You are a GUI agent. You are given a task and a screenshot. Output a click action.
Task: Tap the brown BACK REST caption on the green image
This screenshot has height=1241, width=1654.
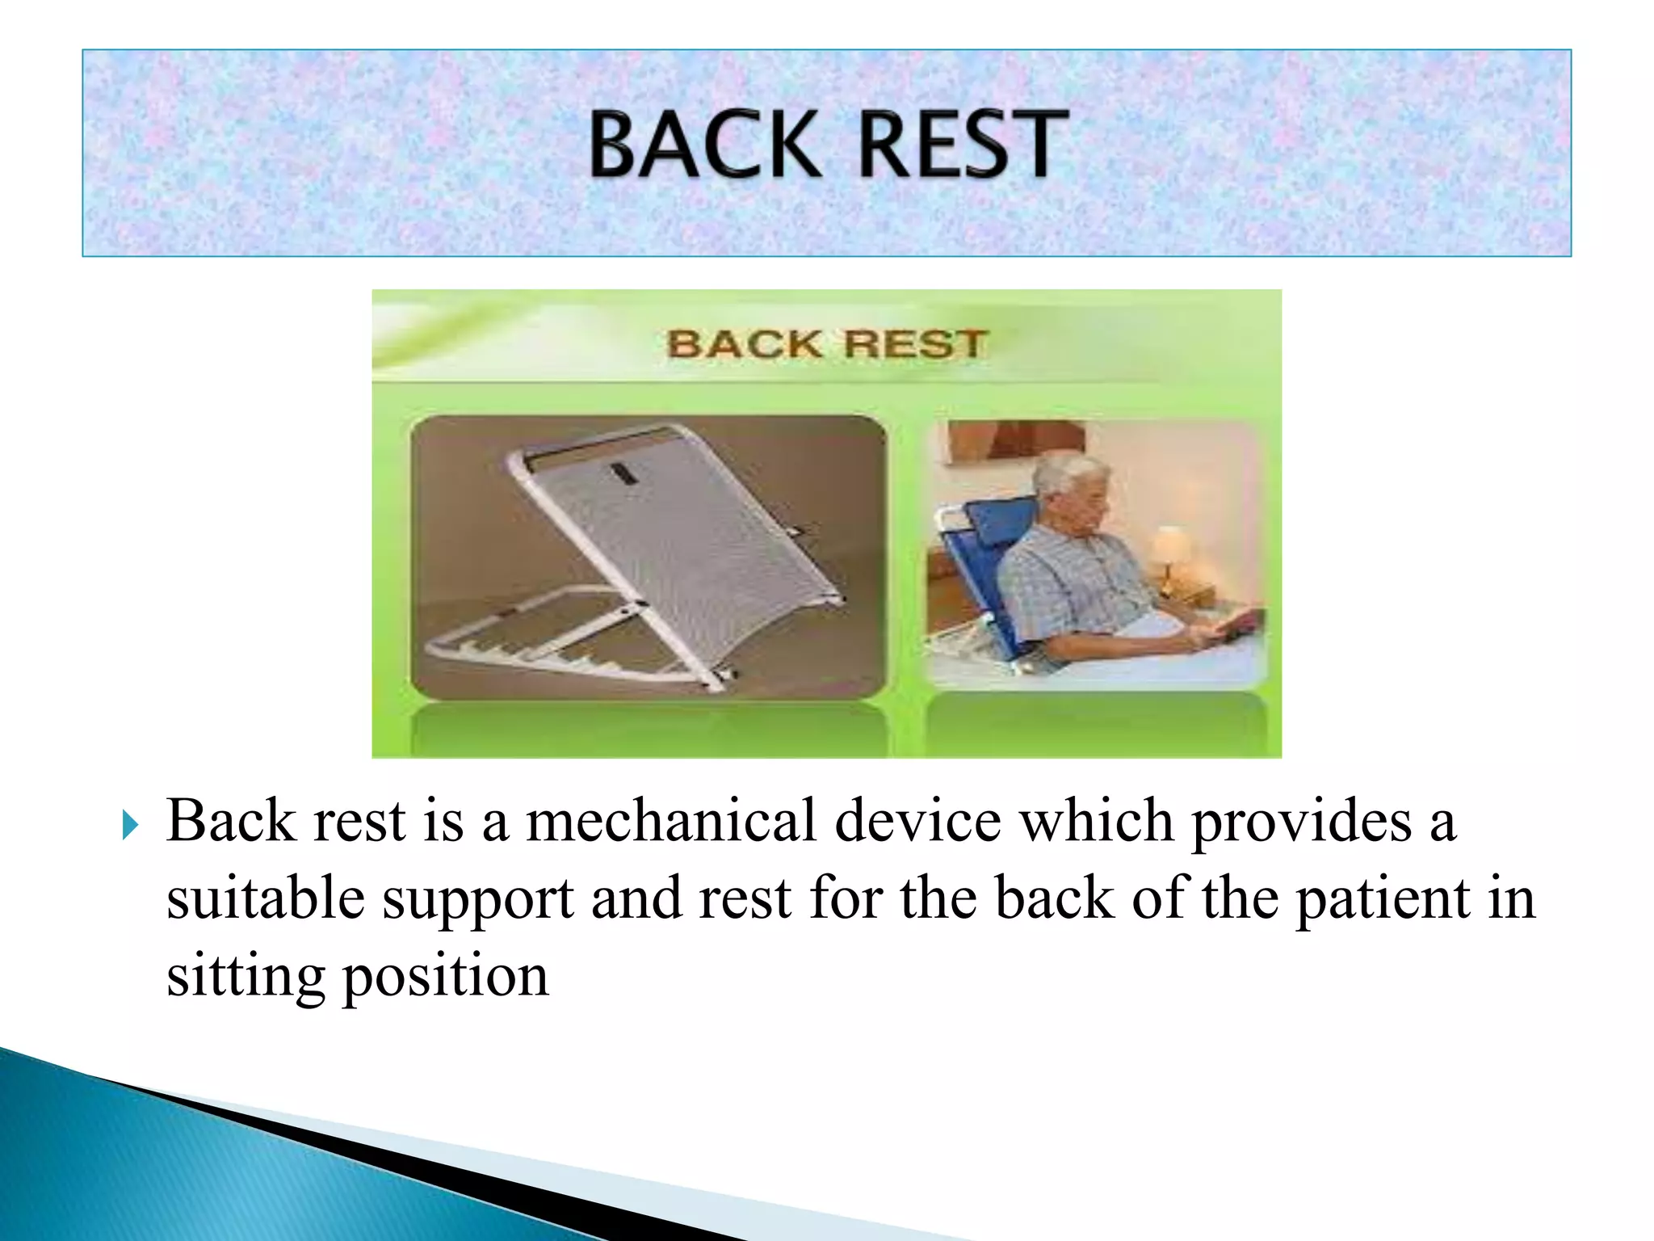tap(826, 344)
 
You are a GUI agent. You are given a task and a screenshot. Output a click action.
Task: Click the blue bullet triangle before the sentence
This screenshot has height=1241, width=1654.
tap(131, 826)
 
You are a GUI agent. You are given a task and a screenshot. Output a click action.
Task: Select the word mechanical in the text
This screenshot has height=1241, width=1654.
tap(670, 821)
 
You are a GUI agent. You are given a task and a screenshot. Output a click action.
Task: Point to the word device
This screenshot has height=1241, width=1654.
tap(917, 821)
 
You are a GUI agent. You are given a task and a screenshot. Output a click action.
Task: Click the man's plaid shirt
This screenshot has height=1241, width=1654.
tap(1066, 582)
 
